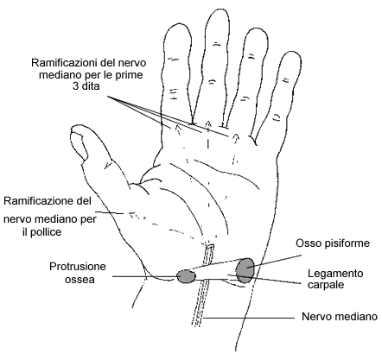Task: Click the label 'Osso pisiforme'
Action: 333,243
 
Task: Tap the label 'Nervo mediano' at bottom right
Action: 340,317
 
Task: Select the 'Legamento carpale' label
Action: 335,279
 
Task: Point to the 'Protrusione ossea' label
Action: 78,273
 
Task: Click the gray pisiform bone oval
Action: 245,270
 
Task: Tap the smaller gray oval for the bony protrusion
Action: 186,276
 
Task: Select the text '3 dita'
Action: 86,85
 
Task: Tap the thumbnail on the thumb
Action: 80,142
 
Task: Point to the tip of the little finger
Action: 291,52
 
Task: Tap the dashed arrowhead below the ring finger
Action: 236,137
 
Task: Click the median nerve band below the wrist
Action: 201,305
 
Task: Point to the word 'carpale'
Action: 326,285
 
